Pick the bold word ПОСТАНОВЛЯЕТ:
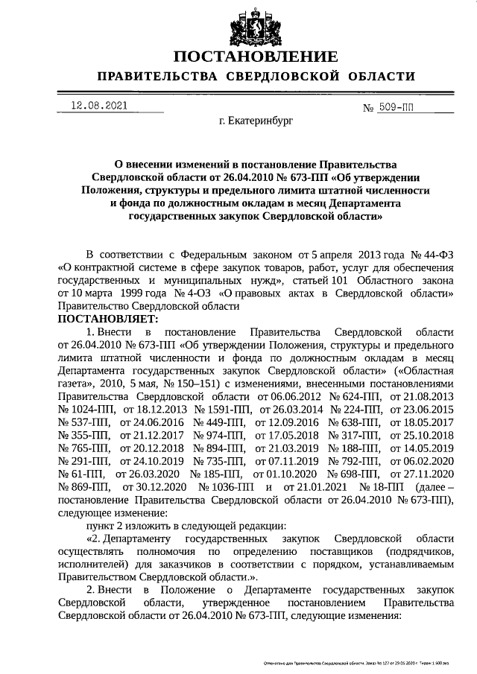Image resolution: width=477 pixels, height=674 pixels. (x=105, y=319)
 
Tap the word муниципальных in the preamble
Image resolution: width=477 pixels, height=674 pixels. (x=217, y=280)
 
